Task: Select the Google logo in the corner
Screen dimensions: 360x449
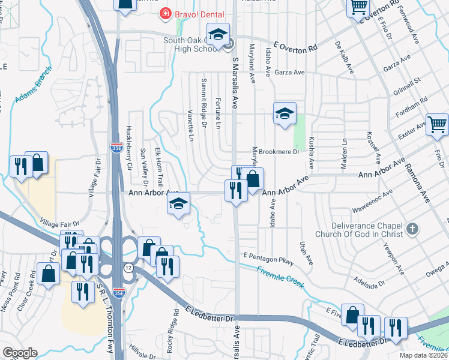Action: (20, 353)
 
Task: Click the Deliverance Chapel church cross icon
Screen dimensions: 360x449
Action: (412, 228)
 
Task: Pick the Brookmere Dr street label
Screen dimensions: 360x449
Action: (279, 152)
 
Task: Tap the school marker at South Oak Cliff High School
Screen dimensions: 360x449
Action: (218, 34)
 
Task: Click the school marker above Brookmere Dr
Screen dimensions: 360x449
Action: (285, 112)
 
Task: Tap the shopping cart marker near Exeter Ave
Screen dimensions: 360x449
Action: (437, 124)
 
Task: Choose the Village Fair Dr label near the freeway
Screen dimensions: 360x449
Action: (60, 223)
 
